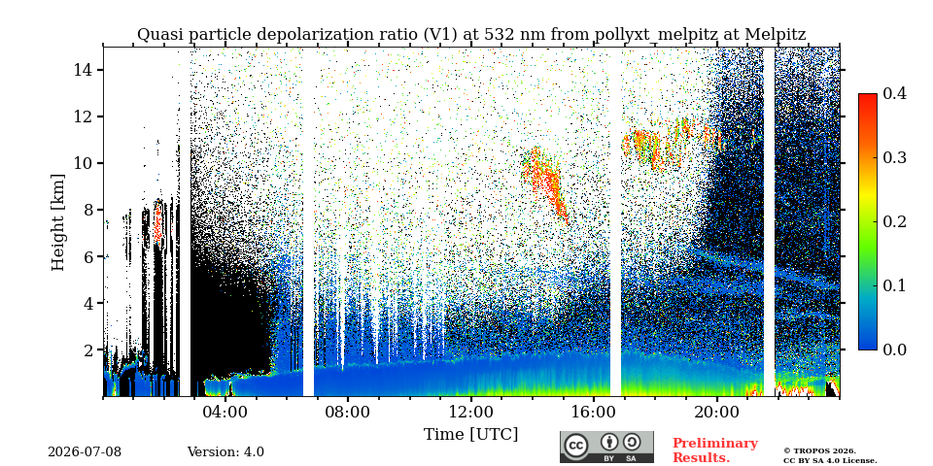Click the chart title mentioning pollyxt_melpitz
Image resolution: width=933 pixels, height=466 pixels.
(x=471, y=35)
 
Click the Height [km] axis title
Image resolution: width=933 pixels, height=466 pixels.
(x=57, y=222)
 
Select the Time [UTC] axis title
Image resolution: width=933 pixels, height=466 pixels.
(x=470, y=435)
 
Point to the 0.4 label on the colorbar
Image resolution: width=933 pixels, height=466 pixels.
(x=894, y=94)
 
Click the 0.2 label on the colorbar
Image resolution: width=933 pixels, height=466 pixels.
(x=894, y=221)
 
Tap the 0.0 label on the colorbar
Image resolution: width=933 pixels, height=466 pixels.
(x=894, y=349)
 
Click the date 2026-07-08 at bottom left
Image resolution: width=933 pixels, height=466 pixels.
(x=85, y=452)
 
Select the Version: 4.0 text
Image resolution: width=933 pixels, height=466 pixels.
(x=225, y=452)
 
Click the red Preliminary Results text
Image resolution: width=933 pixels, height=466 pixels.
(x=715, y=450)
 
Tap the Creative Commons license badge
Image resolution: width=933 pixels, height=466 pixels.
(x=606, y=447)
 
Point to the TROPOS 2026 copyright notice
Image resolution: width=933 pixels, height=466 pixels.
(x=829, y=455)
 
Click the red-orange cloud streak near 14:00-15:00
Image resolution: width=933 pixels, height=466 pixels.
(x=544, y=182)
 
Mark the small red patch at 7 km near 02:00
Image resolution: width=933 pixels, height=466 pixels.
(x=157, y=223)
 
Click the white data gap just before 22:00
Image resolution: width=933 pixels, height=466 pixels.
(x=769, y=221)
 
